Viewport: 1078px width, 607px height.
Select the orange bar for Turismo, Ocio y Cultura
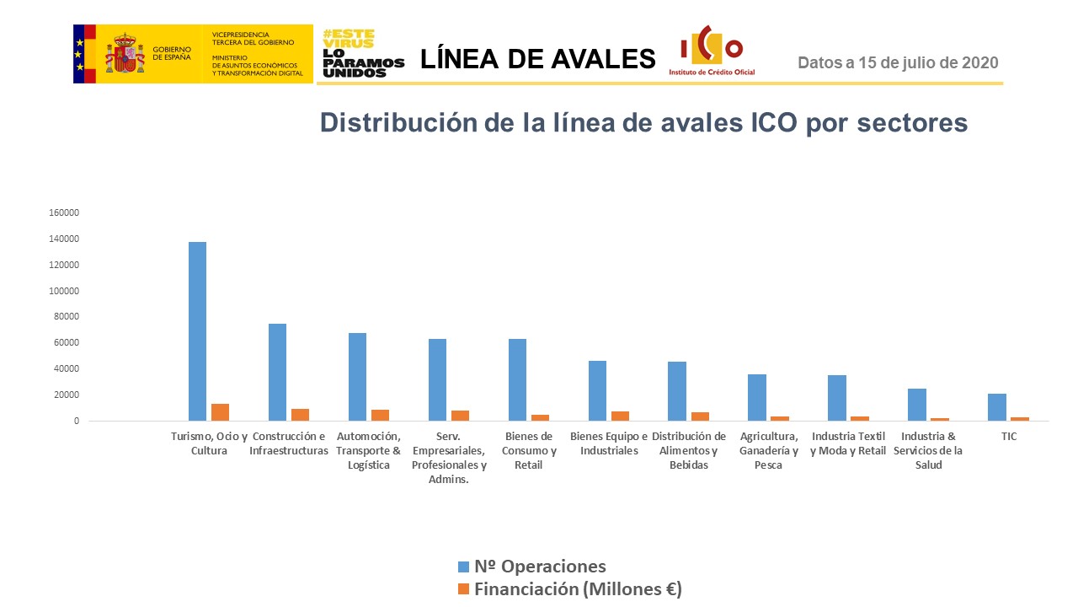click(221, 412)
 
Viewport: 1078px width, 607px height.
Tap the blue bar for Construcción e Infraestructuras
click(277, 372)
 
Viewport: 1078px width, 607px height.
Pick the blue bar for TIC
click(997, 407)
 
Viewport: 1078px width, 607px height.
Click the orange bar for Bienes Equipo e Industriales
click(620, 416)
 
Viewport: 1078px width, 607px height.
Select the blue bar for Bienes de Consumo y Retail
click(517, 379)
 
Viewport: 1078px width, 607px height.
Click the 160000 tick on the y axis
click(64, 213)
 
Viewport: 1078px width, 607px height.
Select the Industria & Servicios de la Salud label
click(928, 450)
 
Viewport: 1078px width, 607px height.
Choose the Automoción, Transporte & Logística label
click(368, 450)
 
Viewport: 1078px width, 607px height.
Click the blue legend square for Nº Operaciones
click(463, 567)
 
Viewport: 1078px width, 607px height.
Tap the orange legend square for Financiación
click(463, 589)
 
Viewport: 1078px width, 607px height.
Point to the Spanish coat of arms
click(124, 53)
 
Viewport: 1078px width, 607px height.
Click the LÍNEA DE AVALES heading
click(537, 59)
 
